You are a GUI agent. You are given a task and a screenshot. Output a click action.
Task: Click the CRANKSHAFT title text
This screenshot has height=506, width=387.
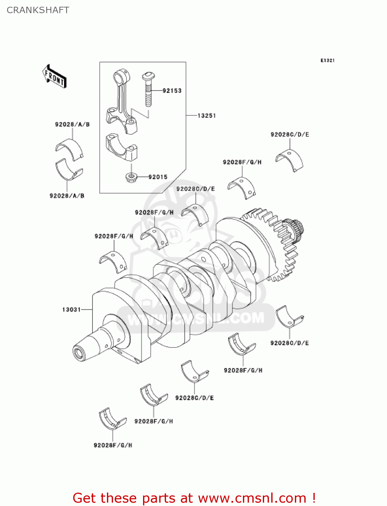(x=38, y=10)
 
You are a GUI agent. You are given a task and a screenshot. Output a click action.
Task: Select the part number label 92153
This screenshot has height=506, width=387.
(x=172, y=90)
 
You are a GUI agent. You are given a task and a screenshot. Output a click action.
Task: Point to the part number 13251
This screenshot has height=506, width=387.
(x=206, y=116)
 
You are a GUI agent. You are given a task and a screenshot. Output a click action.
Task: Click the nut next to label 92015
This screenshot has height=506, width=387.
(x=131, y=177)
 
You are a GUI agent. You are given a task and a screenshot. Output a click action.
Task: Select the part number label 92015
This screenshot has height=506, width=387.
(x=158, y=177)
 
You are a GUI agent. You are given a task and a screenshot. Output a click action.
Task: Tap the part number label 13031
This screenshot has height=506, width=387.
(x=71, y=309)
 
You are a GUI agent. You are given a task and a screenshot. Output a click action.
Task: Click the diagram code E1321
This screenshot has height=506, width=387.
(x=327, y=60)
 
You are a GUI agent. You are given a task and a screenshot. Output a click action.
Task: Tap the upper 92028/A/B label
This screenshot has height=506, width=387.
(x=72, y=124)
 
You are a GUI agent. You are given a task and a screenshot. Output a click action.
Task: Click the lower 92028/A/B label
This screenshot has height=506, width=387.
(x=67, y=196)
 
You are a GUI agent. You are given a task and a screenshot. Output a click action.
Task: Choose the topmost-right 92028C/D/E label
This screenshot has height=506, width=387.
(x=289, y=135)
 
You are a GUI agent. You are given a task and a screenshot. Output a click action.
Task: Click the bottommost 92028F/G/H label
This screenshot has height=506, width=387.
(x=113, y=445)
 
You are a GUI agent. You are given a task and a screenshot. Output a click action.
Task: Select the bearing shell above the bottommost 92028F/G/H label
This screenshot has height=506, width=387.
(x=112, y=419)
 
